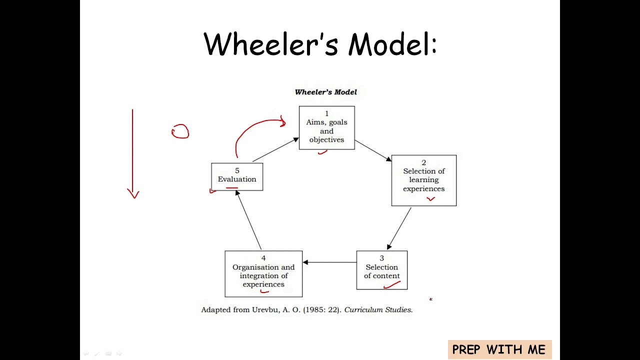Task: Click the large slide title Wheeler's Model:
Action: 320,44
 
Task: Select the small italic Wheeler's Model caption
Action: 325,92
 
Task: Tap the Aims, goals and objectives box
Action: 326,127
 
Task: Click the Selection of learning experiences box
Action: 423,180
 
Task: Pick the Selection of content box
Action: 381,270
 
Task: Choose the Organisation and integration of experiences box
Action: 263,273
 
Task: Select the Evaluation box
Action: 237,176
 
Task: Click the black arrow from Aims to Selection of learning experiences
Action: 373,150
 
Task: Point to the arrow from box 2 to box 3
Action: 399,228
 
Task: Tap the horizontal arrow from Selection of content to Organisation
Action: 329,262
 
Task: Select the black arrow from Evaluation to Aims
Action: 275,149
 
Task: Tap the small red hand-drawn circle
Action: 180,131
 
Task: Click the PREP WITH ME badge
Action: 499,349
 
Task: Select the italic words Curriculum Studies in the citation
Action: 378,310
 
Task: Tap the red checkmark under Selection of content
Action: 392,285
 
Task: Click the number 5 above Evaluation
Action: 237,170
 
